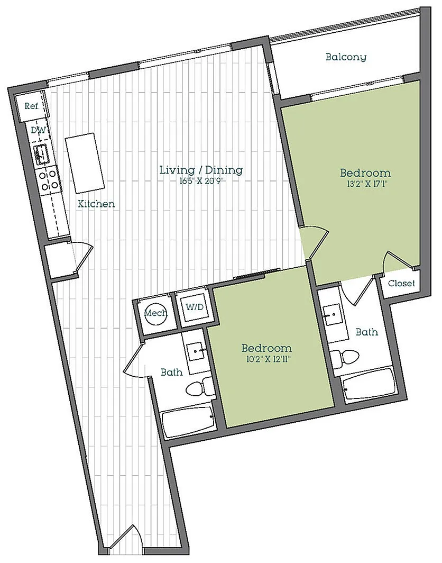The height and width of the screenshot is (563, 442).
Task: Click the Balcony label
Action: pos(346,57)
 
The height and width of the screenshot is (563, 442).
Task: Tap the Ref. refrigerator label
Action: pos(32,106)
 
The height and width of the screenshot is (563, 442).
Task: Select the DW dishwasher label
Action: pos(38,130)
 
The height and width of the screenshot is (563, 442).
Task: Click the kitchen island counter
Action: pos(85,163)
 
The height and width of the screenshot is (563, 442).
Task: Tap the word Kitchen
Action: pos(97,204)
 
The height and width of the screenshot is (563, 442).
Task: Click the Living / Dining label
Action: pos(201,169)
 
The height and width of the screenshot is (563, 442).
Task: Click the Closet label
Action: pos(401,283)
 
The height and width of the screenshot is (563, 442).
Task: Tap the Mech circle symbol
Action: pos(155,313)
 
